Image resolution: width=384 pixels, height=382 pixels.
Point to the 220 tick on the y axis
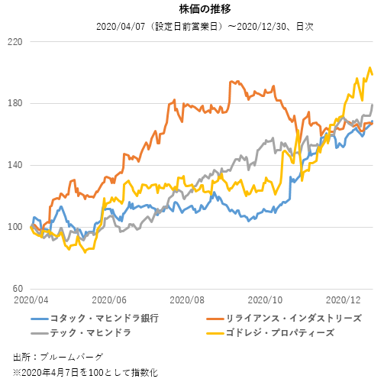(15, 41)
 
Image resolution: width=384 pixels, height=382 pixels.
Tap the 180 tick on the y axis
(15, 103)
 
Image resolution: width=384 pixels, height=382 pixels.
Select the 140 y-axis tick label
(15, 165)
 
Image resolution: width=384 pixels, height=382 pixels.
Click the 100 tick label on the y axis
(15, 227)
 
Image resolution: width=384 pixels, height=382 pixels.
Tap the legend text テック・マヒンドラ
(90, 334)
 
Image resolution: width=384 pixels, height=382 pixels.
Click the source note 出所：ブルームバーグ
(58, 357)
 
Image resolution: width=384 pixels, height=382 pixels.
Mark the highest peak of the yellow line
(370, 69)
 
